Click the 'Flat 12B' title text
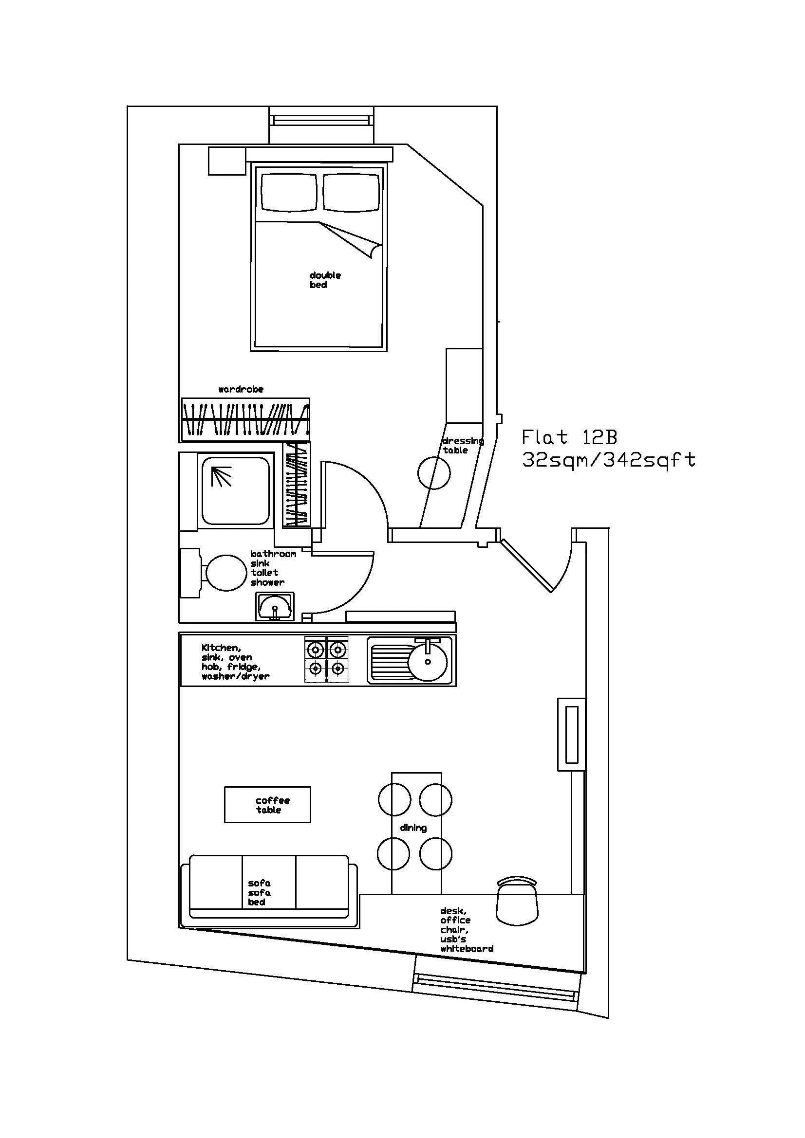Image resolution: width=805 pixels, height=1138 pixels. pos(569,438)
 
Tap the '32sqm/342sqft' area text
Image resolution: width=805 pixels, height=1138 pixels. pos(609,460)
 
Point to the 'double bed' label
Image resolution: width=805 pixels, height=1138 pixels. pos(325,280)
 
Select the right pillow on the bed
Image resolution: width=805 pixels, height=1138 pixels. pos(352,192)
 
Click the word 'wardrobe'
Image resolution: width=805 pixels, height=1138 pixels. pos(241,390)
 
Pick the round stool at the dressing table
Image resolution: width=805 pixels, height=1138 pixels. pos(433,473)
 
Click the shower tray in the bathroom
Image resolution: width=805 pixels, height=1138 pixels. pos(236,491)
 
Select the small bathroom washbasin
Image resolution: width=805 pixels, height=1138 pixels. pos(274,606)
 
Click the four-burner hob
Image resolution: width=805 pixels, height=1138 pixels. pos(326,659)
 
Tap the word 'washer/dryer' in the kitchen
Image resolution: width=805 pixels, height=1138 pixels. pos(236,677)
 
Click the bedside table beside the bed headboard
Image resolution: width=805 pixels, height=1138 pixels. pos(226,161)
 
